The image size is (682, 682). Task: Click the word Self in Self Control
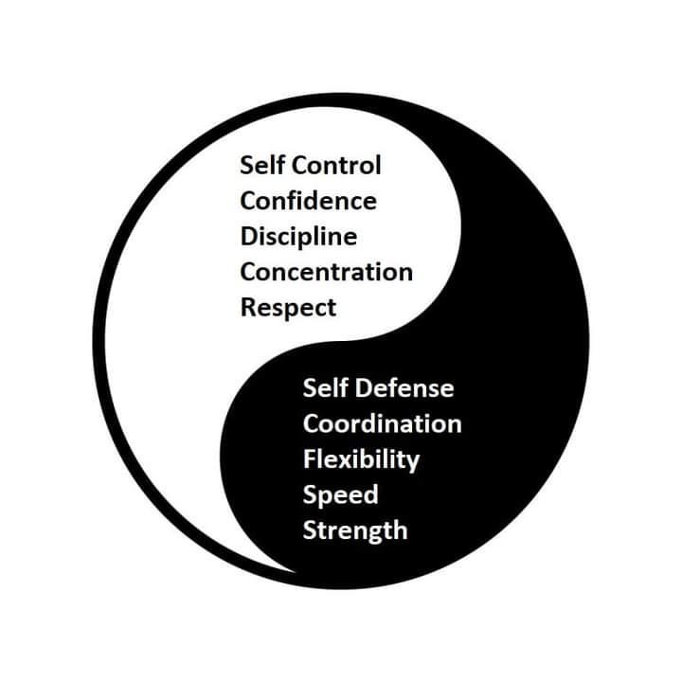262,165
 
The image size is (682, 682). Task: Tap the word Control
336,165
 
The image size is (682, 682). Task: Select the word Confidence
309,201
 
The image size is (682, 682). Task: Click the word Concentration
326,272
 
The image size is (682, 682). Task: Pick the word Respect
288,309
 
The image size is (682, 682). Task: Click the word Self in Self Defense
325,387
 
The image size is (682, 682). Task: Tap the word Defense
404,387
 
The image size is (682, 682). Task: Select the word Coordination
383,423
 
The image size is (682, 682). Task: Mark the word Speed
341,496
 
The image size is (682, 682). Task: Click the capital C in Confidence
249,201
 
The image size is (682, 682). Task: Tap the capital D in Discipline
250,236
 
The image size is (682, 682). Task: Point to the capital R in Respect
250,307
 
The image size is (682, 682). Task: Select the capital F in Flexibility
310,458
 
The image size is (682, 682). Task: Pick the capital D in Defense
365,388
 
